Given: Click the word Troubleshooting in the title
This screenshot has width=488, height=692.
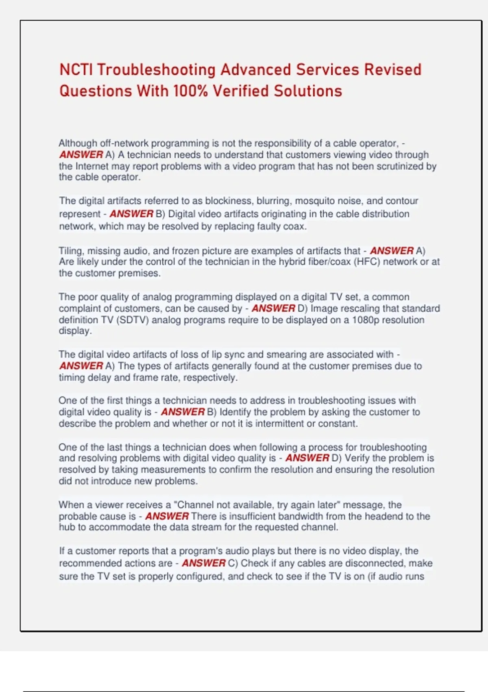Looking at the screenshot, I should [156, 70].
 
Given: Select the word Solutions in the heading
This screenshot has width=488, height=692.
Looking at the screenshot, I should [308, 91].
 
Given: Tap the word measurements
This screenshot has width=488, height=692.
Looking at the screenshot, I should [170, 469].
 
